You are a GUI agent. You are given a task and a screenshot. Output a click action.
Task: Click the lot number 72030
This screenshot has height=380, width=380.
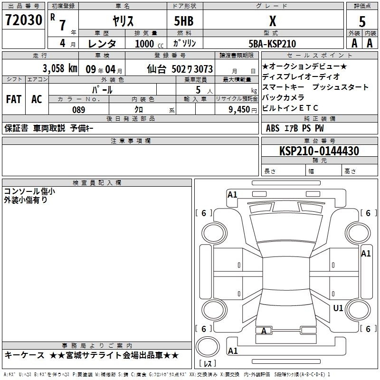click(x=24, y=19)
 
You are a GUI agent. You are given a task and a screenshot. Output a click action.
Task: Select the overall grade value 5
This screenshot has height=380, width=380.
click(x=362, y=21)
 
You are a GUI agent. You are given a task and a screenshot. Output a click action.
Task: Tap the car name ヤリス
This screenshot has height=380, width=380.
click(x=123, y=21)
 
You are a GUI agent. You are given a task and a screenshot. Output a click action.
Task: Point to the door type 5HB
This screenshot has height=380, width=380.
click(x=184, y=21)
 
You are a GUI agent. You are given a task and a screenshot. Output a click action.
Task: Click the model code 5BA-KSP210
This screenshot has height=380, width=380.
click(x=272, y=44)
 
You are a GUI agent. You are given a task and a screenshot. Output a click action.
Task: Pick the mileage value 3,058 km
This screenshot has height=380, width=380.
click(x=60, y=68)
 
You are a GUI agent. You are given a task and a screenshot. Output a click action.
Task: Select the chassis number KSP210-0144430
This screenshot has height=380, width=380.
click(x=319, y=151)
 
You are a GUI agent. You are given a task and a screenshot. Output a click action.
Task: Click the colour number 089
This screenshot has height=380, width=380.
click(x=79, y=110)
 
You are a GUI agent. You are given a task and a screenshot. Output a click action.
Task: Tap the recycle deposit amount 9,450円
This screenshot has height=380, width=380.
click(x=243, y=110)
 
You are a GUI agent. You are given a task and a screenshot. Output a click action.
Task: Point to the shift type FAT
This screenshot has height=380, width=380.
click(x=14, y=99)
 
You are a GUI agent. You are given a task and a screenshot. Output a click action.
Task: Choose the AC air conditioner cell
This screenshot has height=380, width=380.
click(x=37, y=99)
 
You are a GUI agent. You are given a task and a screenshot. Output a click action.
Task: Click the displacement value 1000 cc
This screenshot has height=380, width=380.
click(x=149, y=44)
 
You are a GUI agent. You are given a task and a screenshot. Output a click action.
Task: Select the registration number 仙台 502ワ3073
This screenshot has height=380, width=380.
click(x=180, y=69)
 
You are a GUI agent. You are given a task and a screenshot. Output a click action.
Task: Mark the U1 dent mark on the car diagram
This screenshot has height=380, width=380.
click(x=338, y=308)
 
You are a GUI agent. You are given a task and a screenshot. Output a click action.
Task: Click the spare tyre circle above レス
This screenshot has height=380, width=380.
click(x=208, y=347)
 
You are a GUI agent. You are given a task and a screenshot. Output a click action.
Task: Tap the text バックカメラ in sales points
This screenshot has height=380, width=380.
click(x=283, y=97)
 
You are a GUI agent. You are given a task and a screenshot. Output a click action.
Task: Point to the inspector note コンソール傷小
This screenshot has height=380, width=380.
click(x=29, y=191)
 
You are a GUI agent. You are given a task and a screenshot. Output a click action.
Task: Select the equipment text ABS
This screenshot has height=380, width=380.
click(x=273, y=128)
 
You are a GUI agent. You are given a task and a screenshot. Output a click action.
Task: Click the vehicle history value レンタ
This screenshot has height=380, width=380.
click(x=102, y=44)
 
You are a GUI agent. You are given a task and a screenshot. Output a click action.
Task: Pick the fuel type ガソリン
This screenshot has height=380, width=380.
click(x=184, y=43)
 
